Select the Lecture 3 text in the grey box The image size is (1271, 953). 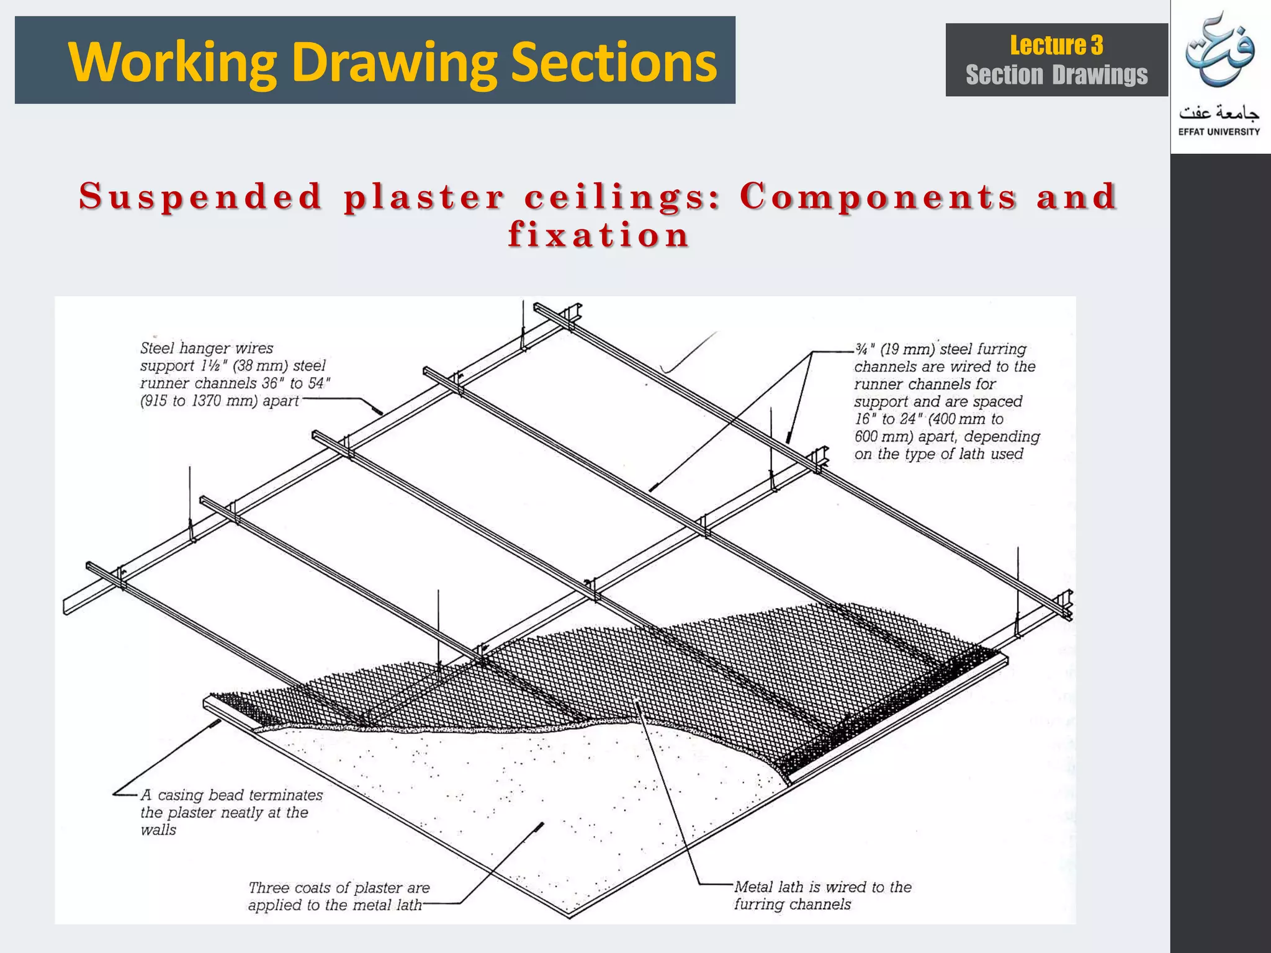pos(1056,45)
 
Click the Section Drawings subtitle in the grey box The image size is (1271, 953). pos(1056,75)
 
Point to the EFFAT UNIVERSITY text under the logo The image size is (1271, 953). pos(1219,132)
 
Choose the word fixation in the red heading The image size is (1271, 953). pos(598,235)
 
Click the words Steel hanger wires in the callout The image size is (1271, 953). pos(207,348)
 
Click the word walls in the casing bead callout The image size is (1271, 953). pos(158,830)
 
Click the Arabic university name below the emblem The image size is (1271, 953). pos(1219,113)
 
